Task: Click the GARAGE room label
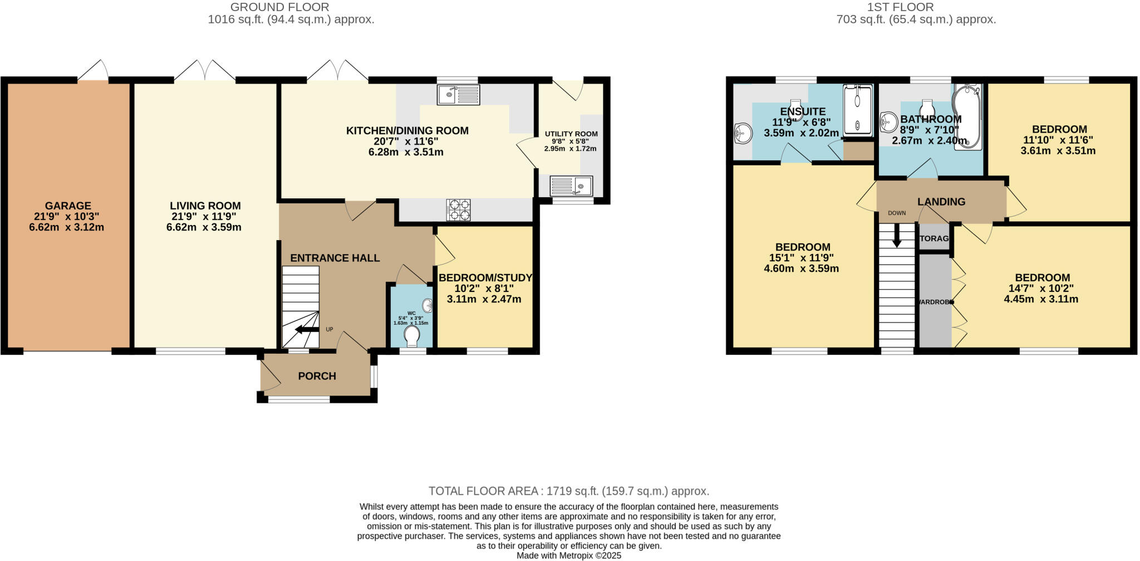[68, 206]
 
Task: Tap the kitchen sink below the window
[458, 95]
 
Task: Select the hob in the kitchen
[458, 210]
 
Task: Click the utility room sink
[572, 185]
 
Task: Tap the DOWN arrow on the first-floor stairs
[897, 235]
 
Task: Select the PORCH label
[317, 376]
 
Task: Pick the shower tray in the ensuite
[857, 110]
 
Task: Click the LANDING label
[941, 202]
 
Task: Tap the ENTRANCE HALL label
[335, 258]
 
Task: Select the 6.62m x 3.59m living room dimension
[204, 227]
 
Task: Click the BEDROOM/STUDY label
[485, 277]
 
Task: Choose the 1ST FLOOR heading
[916, 7]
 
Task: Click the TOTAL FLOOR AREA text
[568, 491]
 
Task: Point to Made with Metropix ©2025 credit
[568, 555]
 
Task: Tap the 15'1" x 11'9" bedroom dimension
[801, 258]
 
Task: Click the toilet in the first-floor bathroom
[927, 106]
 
